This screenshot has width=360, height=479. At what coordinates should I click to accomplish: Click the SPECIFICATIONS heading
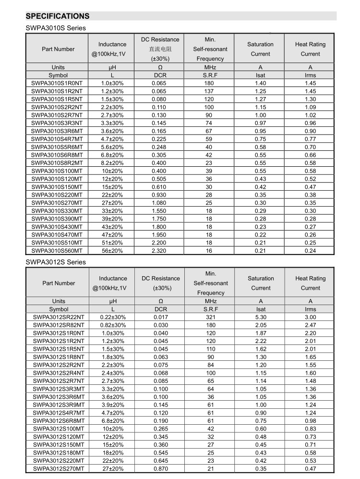[x=58, y=16]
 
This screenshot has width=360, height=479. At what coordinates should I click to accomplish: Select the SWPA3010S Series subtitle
[x=56, y=28]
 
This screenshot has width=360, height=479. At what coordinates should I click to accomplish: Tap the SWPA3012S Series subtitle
[x=56, y=262]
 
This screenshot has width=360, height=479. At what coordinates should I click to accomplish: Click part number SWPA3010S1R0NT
[x=57, y=83]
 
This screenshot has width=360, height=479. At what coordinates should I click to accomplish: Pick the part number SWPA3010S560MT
[x=57, y=251]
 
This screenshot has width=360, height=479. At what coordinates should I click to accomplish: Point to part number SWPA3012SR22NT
[x=59, y=317]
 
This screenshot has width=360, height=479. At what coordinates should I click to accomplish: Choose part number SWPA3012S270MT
[x=59, y=468]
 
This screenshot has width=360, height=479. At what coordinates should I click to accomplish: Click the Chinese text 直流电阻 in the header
[x=160, y=49]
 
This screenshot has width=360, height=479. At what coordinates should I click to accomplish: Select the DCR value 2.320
[x=159, y=251]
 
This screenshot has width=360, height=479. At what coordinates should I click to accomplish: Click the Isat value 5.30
[x=261, y=317]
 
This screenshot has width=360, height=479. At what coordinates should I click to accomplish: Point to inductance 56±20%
[x=112, y=251]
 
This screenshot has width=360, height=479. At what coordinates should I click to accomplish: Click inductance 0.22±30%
[x=113, y=317]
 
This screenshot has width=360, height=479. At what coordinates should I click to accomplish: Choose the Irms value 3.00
[x=311, y=317]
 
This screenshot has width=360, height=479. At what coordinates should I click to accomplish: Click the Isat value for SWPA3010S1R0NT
[x=261, y=83]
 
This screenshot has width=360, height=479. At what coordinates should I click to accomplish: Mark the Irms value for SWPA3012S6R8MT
[x=311, y=421]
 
